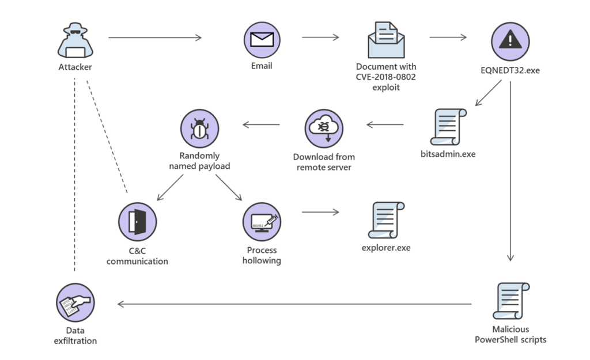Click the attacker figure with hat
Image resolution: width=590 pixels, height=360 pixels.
(x=75, y=41)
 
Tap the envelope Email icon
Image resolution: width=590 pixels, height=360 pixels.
(x=262, y=39)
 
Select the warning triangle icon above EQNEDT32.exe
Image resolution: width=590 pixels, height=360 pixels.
(x=509, y=40)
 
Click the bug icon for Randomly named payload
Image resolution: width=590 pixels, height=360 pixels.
(x=199, y=128)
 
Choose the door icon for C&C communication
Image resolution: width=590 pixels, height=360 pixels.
(x=137, y=221)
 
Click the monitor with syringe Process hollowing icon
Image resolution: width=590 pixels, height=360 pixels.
(x=262, y=221)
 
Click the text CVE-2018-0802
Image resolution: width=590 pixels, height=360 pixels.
(x=385, y=78)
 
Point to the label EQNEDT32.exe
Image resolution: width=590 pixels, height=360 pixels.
(x=510, y=71)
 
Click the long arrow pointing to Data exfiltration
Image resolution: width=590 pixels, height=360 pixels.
(x=294, y=304)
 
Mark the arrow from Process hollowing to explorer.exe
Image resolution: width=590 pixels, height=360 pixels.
(x=320, y=212)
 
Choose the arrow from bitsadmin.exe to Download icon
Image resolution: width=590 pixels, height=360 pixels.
(x=385, y=124)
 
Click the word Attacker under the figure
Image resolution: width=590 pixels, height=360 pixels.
(x=75, y=67)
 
